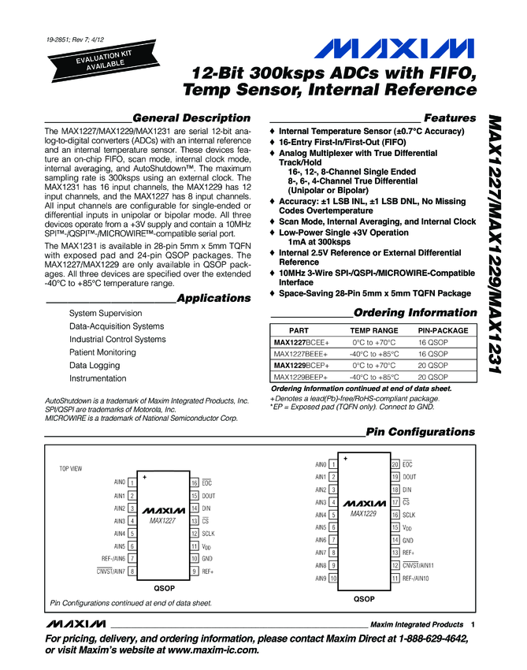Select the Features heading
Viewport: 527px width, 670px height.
(x=450, y=117)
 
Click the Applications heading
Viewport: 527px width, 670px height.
(x=213, y=298)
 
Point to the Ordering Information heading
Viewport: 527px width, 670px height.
(x=415, y=312)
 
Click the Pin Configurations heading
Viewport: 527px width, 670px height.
(x=421, y=431)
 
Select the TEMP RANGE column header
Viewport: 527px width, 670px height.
(x=374, y=330)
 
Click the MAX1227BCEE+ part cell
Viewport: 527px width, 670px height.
(x=302, y=342)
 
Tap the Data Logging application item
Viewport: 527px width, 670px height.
(x=95, y=366)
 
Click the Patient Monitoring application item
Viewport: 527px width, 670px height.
(x=102, y=352)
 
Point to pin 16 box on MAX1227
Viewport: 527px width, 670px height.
(x=194, y=483)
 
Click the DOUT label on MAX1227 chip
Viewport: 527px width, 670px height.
(x=209, y=496)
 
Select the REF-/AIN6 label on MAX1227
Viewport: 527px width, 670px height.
(x=107, y=559)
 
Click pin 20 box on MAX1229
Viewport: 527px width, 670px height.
(x=395, y=464)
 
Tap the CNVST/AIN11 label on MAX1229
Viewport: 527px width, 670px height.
(x=419, y=565)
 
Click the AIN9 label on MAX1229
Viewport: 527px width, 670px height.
(x=321, y=578)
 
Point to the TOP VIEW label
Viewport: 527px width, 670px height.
(x=71, y=468)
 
